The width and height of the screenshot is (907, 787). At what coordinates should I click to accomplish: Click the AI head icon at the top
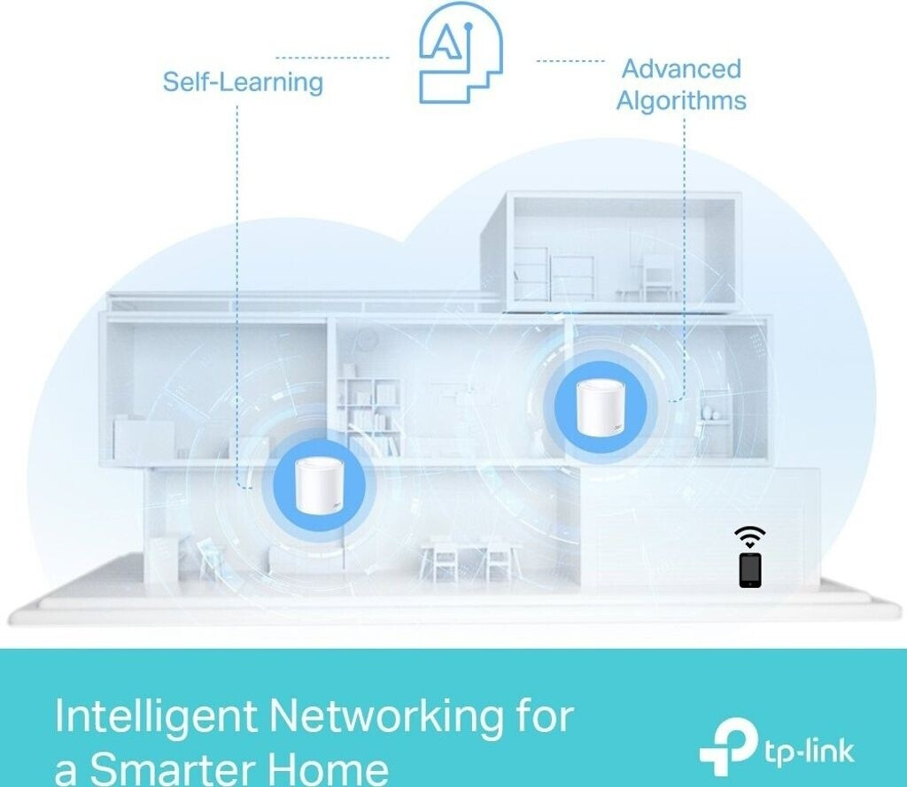[x=461, y=52]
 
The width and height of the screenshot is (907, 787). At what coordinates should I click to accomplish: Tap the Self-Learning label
[x=243, y=81]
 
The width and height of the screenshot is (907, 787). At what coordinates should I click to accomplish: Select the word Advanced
[x=681, y=69]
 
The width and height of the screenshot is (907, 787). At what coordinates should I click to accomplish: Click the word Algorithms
[x=681, y=100]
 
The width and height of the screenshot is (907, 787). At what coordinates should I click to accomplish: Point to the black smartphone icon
[x=750, y=570]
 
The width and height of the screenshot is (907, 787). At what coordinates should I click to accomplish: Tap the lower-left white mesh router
[x=319, y=485]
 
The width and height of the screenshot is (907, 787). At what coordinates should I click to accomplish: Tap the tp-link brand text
[x=809, y=752]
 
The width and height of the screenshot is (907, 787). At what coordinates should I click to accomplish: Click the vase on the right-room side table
[x=708, y=412]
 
